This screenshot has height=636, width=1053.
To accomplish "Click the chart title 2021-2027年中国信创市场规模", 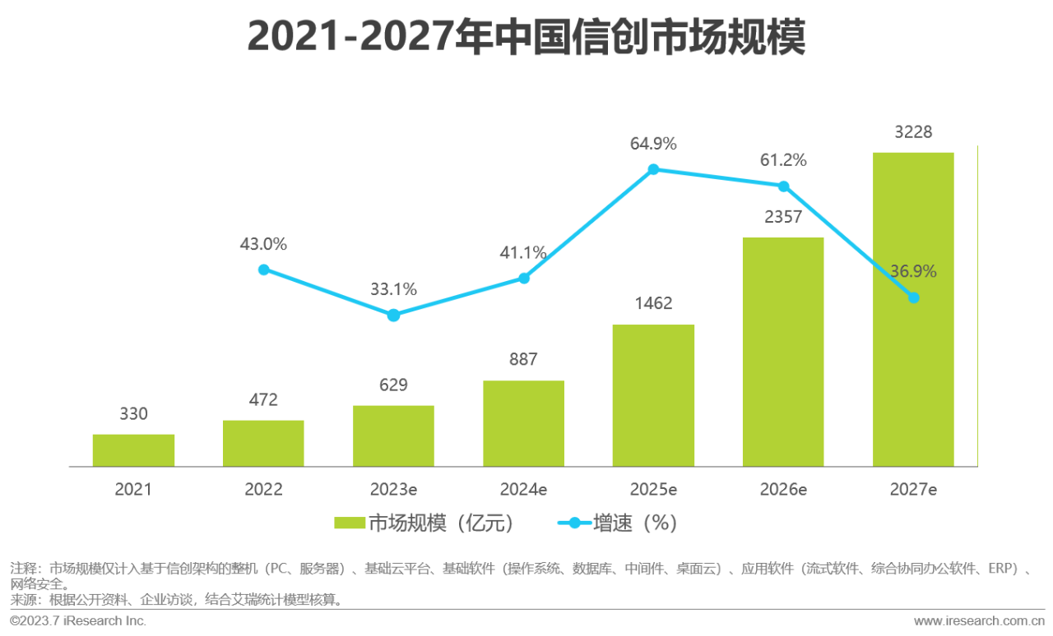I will [x=526, y=37].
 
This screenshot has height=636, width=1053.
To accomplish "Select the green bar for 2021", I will [x=133, y=450].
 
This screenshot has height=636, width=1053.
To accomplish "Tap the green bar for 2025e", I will [x=653, y=395].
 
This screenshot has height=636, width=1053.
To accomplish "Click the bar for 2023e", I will [x=393, y=436].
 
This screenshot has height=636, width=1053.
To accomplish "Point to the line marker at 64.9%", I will [x=653, y=169].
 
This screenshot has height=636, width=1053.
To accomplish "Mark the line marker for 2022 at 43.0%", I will [x=263, y=270].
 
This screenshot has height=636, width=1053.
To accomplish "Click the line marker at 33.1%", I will [x=393, y=316].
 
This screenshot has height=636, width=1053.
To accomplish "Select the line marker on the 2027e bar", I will [x=913, y=297].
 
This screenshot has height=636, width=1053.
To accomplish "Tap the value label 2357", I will [x=783, y=216].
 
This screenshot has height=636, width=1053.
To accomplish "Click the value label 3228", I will [x=913, y=131].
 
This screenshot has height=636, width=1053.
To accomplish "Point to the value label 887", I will [x=523, y=359].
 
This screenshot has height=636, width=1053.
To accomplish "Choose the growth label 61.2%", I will [x=783, y=160].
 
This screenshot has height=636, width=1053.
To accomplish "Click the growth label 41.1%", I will [x=523, y=253].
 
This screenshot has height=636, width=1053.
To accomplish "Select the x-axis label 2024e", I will [x=523, y=490].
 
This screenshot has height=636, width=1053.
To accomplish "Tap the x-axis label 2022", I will [x=263, y=490].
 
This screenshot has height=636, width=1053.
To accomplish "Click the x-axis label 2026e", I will [x=783, y=490].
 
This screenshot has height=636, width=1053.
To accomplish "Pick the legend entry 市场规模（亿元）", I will [x=424, y=523].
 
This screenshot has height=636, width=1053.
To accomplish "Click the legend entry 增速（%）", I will [x=619, y=523].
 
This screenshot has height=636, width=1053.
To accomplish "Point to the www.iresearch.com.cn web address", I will [x=979, y=620].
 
